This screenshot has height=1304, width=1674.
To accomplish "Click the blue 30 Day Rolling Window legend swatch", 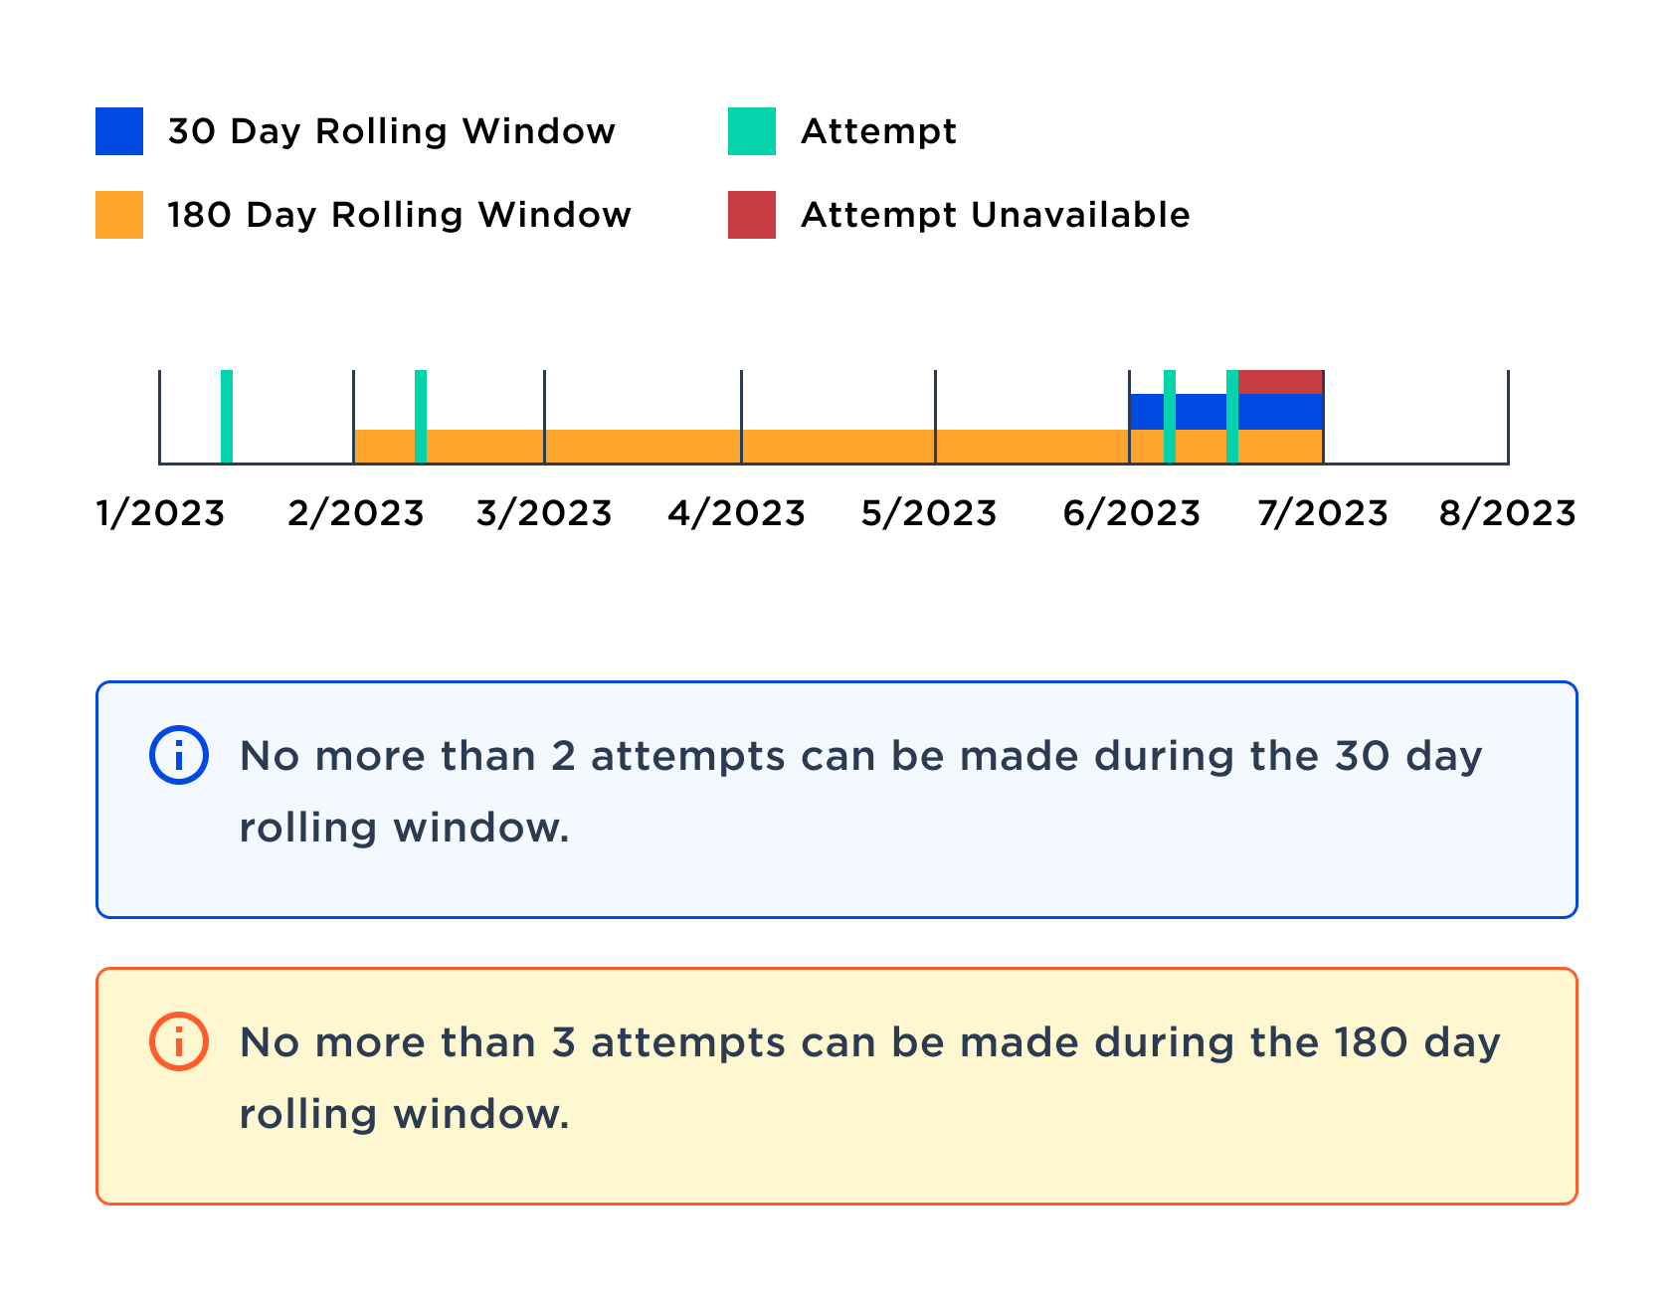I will tap(119, 131).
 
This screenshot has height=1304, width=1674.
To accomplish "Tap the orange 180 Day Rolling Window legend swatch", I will tap(119, 215).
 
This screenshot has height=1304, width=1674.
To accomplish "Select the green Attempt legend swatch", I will tap(751, 131).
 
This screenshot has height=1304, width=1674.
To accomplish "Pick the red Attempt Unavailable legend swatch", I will tap(751, 215).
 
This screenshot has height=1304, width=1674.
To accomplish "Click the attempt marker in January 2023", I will tap(227, 416).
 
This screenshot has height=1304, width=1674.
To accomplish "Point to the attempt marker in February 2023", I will tap(421, 416).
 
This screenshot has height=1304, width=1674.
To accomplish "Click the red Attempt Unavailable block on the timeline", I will tap(1280, 382).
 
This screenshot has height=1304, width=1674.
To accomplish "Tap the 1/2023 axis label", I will tap(160, 513).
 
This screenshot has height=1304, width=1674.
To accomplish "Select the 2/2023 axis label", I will tap(355, 513).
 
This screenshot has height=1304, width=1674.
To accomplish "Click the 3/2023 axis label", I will tap(544, 513).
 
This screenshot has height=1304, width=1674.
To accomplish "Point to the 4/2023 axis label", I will tap(736, 513).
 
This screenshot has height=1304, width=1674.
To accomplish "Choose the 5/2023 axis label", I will tap(929, 513).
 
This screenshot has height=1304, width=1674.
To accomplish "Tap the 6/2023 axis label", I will tap(1131, 513).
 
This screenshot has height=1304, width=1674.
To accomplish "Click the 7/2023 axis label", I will tap(1322, 513).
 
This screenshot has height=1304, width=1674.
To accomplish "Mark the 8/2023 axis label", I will tap(1507, 513).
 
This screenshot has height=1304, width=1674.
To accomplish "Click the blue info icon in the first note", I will tap(179, 756).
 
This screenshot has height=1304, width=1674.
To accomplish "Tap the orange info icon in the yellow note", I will tap(179, 1042).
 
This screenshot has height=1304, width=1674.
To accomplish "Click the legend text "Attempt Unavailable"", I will tap(995, 215).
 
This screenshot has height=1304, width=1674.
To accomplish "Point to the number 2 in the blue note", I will tap(563, 756).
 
